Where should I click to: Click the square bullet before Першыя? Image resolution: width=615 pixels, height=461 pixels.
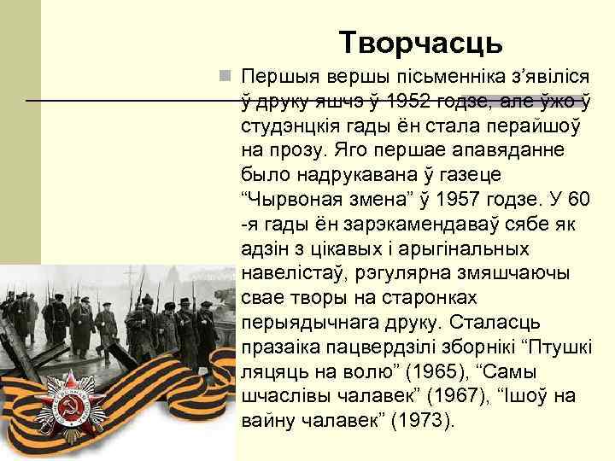coord(224,77)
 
